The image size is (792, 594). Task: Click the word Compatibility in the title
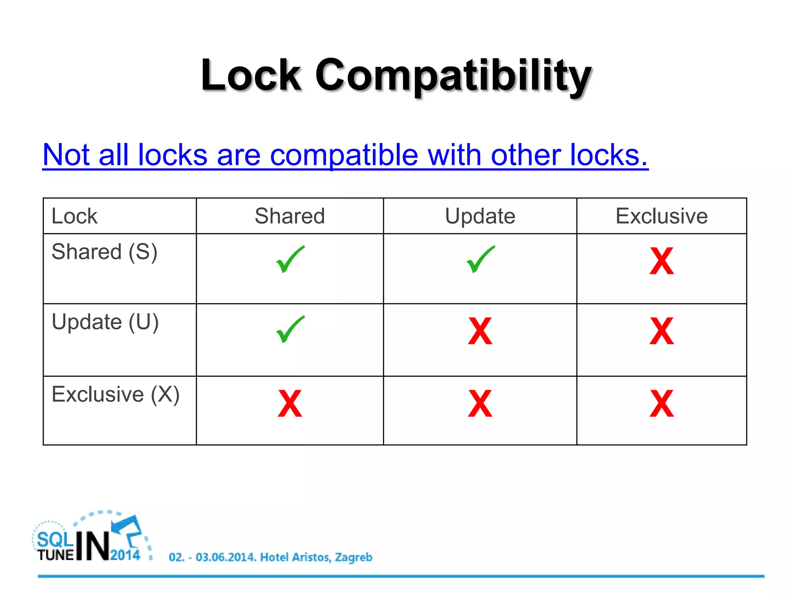click(x=453, y=75)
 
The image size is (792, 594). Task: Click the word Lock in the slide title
click(x=251, y=75)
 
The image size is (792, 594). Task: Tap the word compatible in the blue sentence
click(x=344, y=155)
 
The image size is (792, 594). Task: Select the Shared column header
click(x=290, y=216)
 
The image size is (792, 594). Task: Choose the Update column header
click(x=480, y=216)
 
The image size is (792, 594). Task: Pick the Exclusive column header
click(x=661, y=216)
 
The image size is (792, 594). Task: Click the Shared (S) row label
click(x=104, y=252)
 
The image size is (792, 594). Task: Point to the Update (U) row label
click(x=105, y=322)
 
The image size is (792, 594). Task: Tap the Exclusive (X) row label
click(x=116, y=394)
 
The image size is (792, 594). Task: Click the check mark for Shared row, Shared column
click(x=290, y=259)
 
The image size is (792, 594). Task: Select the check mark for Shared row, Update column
click(x=480, y=259)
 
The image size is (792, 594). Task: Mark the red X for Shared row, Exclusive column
click(x=662, y=261)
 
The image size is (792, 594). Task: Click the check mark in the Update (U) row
click(x=290, y=329)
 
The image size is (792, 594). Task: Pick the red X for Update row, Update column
click(x=480, y=331)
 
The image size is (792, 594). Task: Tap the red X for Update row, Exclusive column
click(x=662, y=331)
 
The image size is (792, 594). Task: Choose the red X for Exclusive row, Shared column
click(x=290, y=403)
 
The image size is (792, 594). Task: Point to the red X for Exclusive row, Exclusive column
click(x=662, y=403)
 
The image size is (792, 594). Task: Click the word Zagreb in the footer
click(x=353, y=557)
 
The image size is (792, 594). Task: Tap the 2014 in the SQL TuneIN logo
click(x=125, y=555)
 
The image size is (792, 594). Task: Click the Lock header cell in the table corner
click(x=75, y=216)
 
